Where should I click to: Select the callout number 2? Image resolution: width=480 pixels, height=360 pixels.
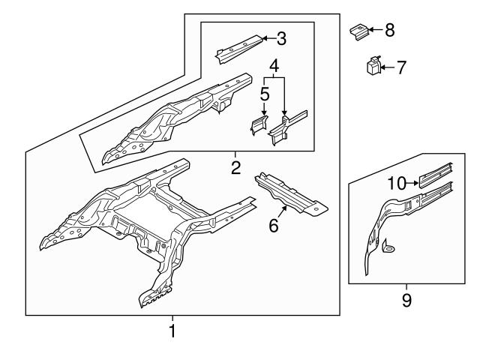235,167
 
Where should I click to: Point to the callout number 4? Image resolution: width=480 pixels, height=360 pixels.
274,66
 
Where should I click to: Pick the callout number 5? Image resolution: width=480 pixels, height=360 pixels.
264,94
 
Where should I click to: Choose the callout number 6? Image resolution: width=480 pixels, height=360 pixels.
274,224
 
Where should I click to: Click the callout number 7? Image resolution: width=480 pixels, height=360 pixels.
401,67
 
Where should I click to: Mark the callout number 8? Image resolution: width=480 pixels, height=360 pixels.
388,30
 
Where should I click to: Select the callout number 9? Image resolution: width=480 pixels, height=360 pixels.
406,300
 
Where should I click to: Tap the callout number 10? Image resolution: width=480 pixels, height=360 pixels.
397,182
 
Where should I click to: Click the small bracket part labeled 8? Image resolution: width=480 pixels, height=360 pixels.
359,31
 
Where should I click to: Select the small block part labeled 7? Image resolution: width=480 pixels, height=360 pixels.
373,67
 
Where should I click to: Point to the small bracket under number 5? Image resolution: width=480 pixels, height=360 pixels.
259,125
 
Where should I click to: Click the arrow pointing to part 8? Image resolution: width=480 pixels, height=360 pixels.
375,30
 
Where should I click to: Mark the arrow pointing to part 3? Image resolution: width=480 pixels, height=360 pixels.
267,37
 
